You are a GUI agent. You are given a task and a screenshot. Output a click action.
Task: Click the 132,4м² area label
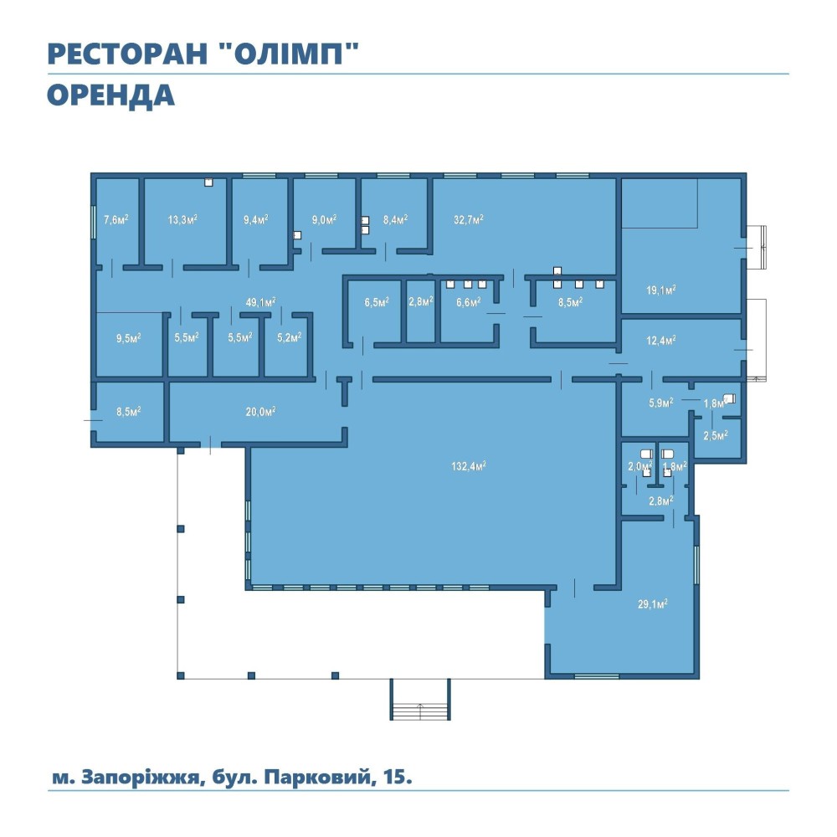(x=468, y=466)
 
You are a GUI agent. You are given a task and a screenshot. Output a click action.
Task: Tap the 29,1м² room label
(x=652, y=604)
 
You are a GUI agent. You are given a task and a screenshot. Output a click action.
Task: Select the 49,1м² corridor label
(x=260, y=302)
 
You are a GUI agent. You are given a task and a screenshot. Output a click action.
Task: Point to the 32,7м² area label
(x=469, y=219)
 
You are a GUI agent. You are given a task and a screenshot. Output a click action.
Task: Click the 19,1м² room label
(x=661, y=290)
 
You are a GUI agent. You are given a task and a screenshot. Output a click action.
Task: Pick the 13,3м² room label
(x=182, y=219)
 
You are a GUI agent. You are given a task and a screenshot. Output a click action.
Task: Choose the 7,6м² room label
(x=116, y=219)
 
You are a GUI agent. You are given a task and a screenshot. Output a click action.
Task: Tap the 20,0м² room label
(x=260, y=412)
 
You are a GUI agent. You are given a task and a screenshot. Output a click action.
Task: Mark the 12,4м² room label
(x=661, y=340)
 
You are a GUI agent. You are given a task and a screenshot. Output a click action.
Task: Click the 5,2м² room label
(x=290, y=337)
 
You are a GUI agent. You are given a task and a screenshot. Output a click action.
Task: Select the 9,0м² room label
(x=324, y=219)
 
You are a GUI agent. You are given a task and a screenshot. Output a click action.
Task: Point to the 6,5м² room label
(x=377, y=303)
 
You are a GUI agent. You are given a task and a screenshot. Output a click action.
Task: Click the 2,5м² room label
(x=716, y=435)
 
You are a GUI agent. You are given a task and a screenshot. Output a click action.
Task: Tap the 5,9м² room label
(x=661, y=403)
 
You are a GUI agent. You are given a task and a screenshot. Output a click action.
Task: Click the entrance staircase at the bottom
(x=420, y=699)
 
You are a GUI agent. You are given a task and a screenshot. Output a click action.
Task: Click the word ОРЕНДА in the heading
(x=110, y=95)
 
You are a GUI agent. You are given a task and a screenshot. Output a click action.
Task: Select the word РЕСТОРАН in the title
(x=127, y=54)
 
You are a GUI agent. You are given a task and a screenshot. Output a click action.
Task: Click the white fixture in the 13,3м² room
(x=208, y=182)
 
